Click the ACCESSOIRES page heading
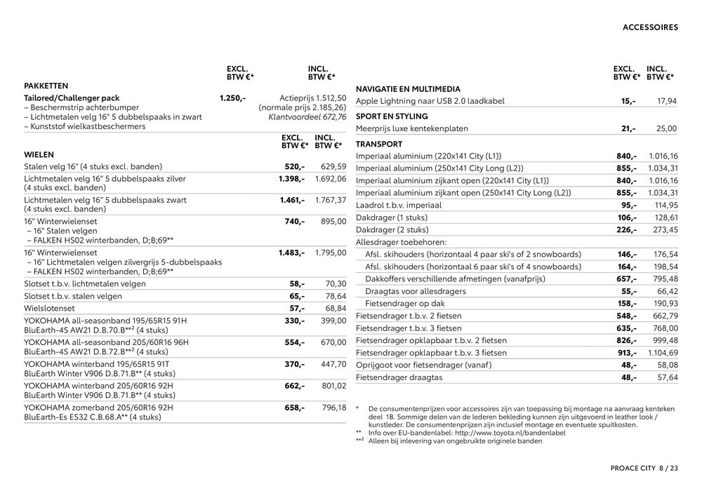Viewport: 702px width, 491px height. click(x=650, y=28)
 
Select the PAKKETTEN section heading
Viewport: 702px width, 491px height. click(x=46, y=85)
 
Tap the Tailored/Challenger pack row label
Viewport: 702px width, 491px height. click(x=72, y=98)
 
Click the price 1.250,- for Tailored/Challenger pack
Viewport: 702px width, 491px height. click(x=232, y=98)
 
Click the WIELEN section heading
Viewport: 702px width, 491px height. click(x=39, y=154)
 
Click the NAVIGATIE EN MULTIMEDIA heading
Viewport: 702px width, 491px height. click(x=408, y=89)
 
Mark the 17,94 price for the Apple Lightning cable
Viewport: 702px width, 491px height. click(x=666, y=102)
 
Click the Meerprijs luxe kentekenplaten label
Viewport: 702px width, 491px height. click(x=412, y=129)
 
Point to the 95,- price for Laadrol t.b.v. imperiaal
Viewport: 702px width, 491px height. click(x=628, y=206)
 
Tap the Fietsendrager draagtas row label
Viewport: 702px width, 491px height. click(x=399, y=377)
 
